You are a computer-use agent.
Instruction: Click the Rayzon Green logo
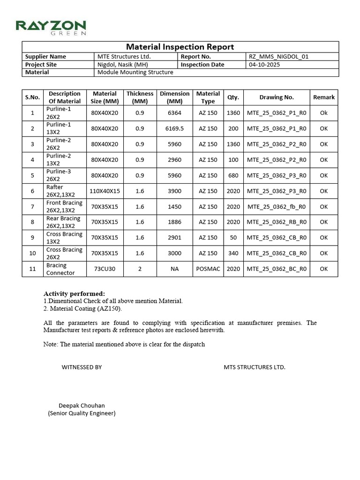coord(51,27)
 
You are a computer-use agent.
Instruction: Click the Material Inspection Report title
coord(180,47)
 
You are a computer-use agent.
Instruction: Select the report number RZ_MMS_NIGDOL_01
coord(278,57)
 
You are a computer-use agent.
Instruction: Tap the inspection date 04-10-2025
coord(264,65)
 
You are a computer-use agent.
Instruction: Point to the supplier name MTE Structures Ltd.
coord(124,57)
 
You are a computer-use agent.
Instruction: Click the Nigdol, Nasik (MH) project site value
coord(121,65)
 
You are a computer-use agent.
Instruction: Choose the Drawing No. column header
coord(277,97)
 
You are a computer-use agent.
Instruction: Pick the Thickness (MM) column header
coord(140,97)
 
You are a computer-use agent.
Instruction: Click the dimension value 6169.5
coord(174,128)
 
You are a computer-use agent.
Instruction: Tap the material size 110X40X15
coord(105,191)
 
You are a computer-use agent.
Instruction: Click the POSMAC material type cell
coord(208,269)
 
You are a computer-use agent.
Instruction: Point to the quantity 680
coord(233,175)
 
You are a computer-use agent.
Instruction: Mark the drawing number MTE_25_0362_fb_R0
coord(277,207)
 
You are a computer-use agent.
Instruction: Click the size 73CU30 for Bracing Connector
coord(105,269)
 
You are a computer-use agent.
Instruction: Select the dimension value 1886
coord(174,222)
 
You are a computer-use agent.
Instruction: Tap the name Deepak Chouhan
coord(82,405)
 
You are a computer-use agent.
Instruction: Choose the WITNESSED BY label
coord(82,367)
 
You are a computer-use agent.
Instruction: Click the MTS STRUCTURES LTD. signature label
coord(255,367)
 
